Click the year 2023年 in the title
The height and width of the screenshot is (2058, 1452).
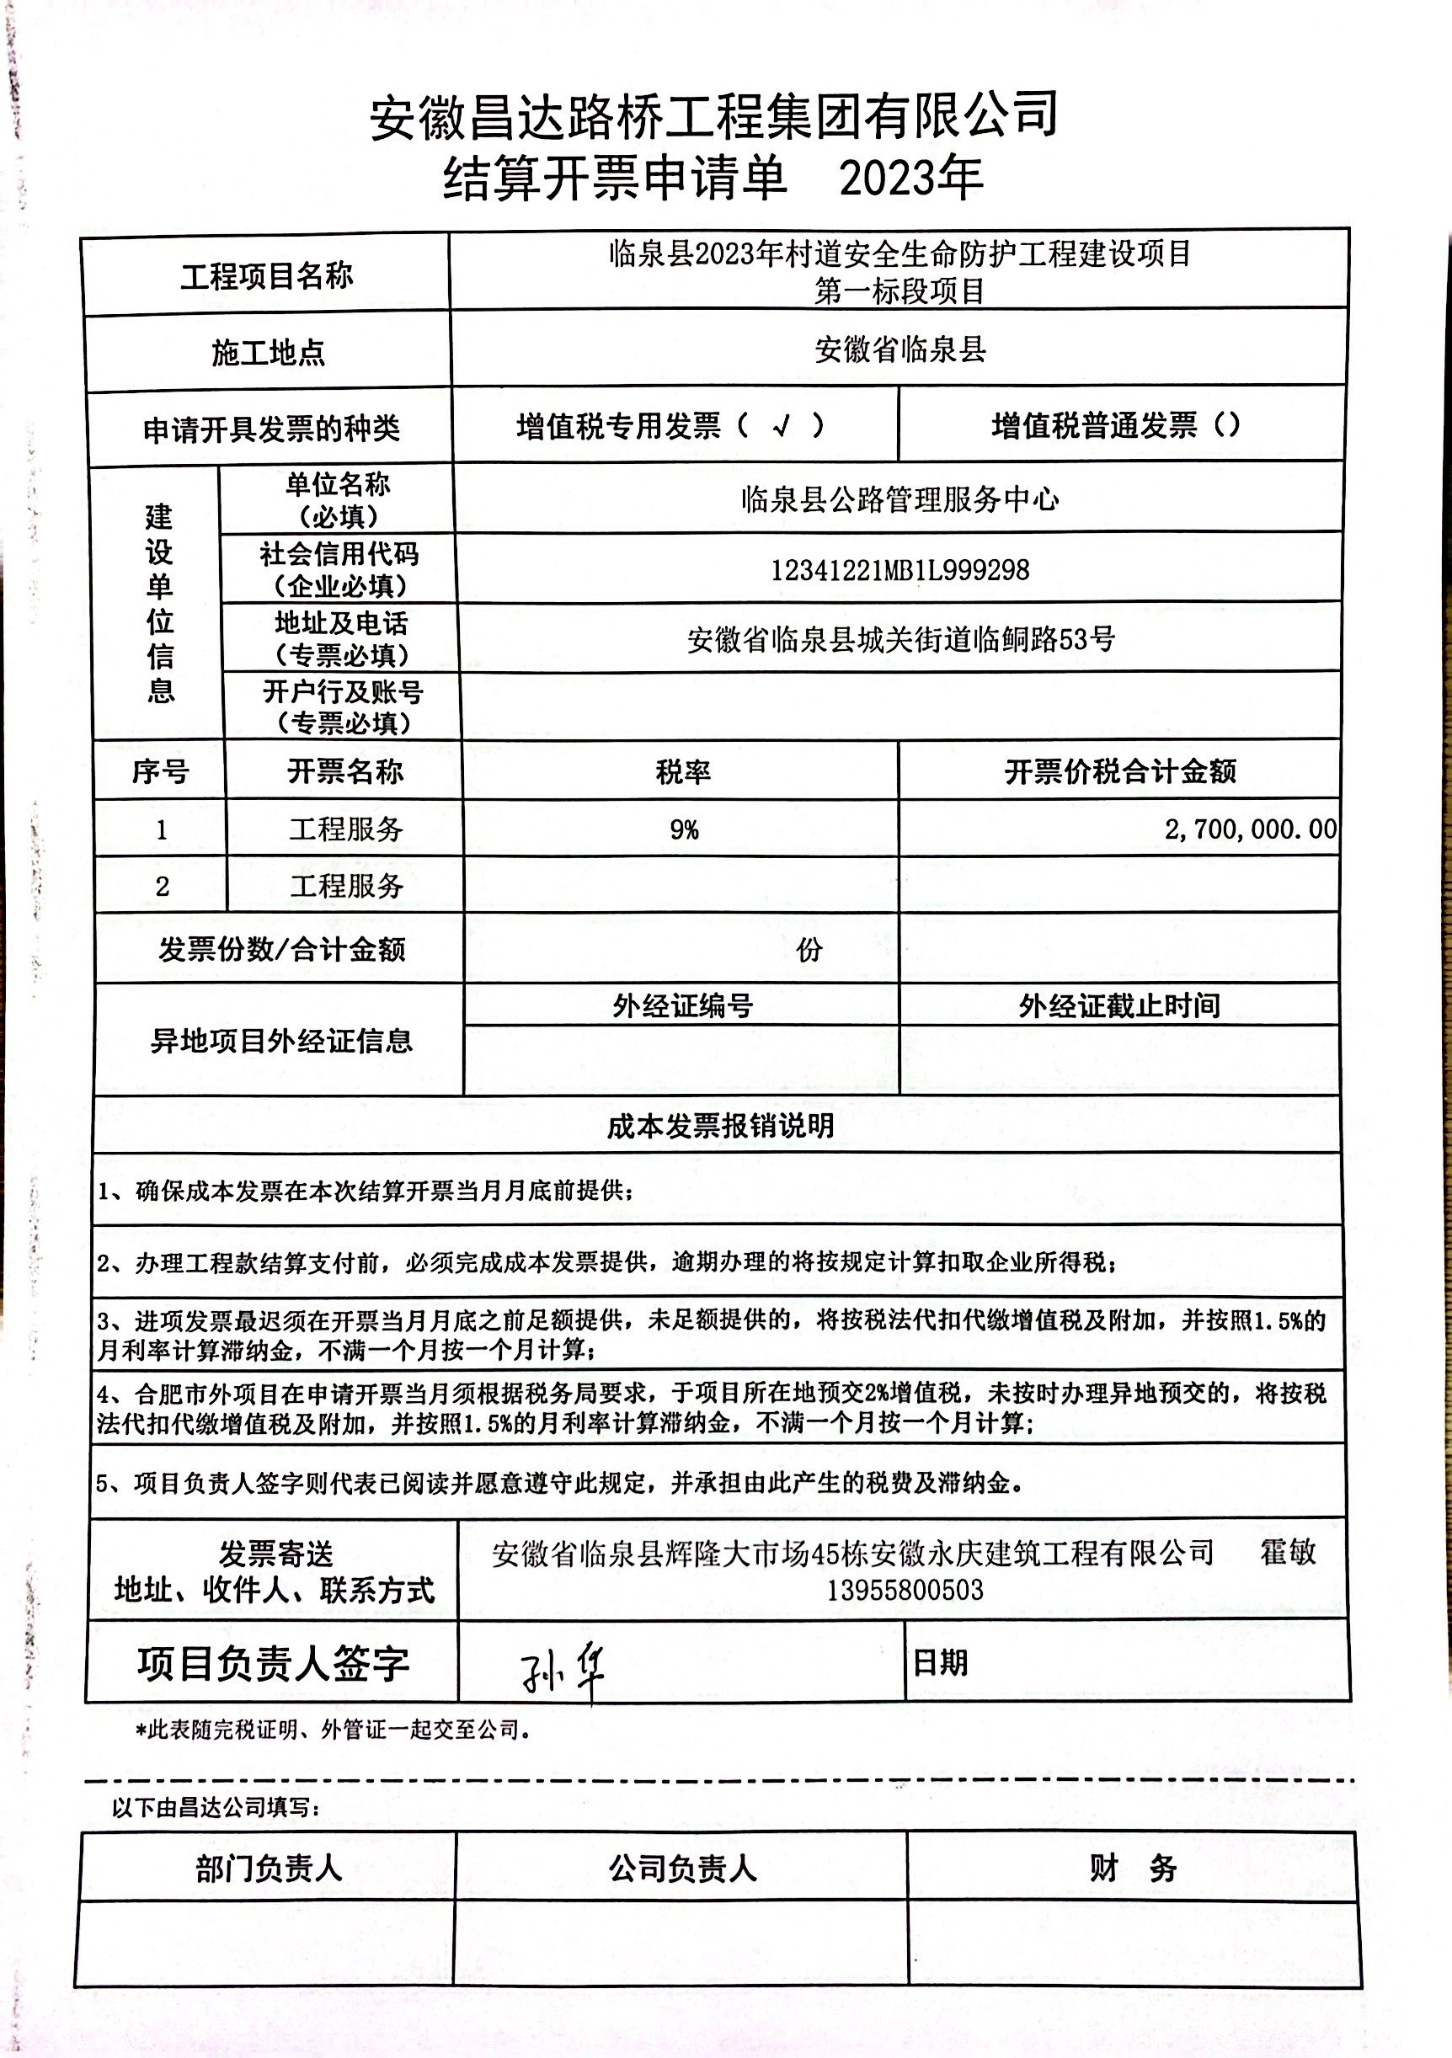tap(910, 178)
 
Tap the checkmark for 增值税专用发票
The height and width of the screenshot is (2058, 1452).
tap(782, 425)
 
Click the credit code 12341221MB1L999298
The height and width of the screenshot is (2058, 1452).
tap(899, 570)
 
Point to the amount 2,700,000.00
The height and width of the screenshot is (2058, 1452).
tap(1251, 829)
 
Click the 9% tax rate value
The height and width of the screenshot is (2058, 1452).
tap(684, 830)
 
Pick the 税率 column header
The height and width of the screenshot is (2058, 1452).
tap(683, 771)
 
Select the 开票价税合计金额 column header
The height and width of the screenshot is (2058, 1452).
tap(1119, 771)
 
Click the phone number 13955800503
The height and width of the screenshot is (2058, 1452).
tap(905, 1590)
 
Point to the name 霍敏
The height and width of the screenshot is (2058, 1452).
tap(1288, 1552)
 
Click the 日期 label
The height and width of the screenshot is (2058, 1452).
tap(939, 1664)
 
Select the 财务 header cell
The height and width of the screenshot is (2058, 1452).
tap(1133, 1868)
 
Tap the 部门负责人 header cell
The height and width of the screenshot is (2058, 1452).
tap(269, 1869)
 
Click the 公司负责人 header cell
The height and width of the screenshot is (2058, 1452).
tap(682, 1869)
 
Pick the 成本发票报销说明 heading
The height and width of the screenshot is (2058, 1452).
tap(721, 1127)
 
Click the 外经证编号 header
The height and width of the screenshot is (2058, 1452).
tap(682, 1005)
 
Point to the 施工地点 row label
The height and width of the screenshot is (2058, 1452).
tap(268, 353)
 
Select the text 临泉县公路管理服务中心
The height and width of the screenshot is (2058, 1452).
tap(899, 499)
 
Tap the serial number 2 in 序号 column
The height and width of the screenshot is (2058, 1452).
tap(163, 887)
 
